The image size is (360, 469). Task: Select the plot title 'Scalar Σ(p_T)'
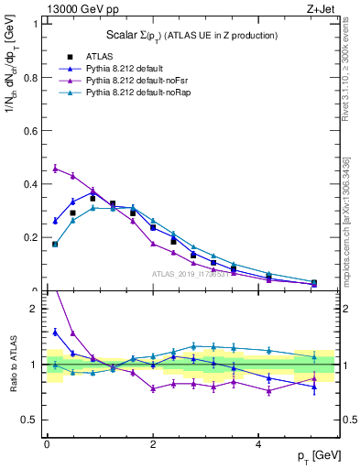(x=173, y=35)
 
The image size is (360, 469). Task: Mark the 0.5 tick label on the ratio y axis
(x=29, y=420)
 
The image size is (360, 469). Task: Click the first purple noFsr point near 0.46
(x=56, y=169)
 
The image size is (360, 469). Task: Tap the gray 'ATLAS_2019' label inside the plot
(x=192, y=274)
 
